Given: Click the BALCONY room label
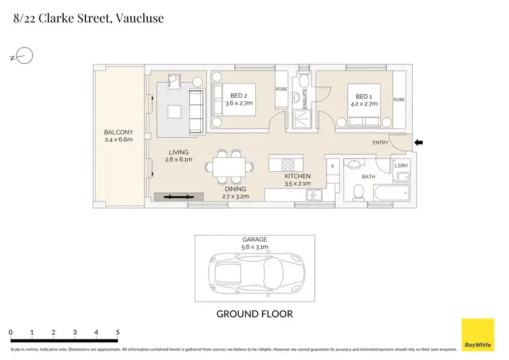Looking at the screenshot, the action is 119,132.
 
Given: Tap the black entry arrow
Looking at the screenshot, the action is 419,143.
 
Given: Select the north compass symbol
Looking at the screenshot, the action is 22,56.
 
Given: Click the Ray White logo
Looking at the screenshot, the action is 478,335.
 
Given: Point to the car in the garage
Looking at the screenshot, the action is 257,272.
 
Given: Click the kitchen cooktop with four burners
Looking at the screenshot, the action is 288,165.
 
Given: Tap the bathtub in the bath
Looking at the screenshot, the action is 392,193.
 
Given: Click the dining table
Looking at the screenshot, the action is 229,167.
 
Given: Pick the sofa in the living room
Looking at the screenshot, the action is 197,111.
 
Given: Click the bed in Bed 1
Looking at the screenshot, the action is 364,105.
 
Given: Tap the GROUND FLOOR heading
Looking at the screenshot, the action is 254,314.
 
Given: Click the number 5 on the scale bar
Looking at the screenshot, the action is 117,332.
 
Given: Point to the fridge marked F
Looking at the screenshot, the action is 333,166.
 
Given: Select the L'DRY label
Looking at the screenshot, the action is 401,165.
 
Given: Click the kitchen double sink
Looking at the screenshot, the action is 314,195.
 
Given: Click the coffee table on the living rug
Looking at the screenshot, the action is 174,112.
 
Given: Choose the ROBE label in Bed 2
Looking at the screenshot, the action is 281,89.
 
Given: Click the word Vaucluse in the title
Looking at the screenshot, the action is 140,18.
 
